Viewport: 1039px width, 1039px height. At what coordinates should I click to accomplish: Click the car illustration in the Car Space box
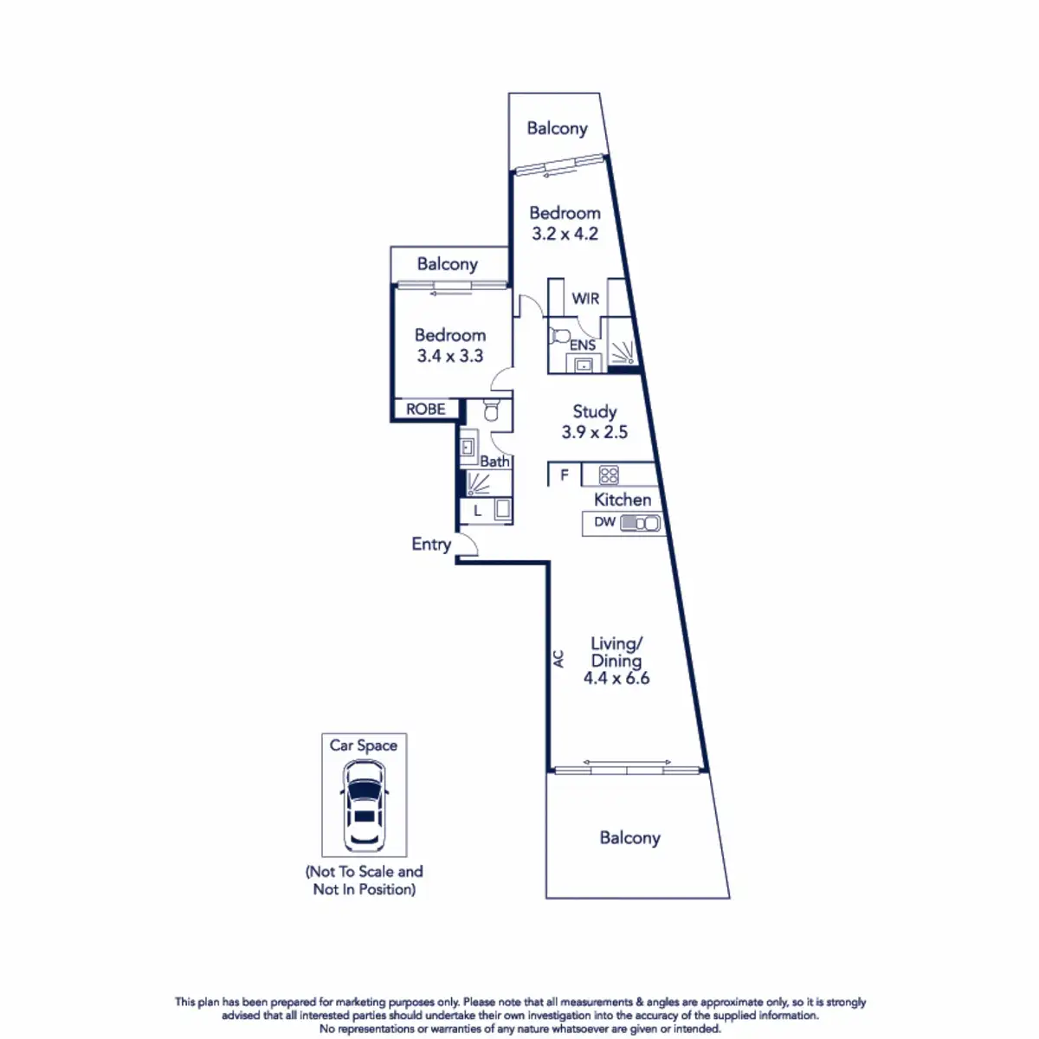365,805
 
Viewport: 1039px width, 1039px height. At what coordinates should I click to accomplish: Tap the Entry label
431,545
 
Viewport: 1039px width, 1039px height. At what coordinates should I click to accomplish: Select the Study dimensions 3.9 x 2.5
595,432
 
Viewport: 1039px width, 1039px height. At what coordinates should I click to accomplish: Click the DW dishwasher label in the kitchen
605,522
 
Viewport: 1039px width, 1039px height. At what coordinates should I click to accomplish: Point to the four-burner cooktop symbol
610,474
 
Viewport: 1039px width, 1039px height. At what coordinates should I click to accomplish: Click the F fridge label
565,474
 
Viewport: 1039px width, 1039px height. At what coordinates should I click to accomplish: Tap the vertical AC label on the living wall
558,659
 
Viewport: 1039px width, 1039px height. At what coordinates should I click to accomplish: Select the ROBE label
426,409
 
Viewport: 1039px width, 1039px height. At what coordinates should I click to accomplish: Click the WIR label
585,299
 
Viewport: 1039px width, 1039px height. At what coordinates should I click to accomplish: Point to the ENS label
582,345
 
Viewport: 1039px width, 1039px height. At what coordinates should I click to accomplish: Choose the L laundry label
477,511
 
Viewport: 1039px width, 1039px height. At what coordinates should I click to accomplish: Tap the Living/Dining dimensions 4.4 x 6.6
616,679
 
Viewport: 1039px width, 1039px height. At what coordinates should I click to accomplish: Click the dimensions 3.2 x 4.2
565,234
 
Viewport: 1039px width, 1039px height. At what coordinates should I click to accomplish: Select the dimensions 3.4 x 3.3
450,356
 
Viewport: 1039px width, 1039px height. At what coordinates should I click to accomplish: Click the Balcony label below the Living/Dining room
629,838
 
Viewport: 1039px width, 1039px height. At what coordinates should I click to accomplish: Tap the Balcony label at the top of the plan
557,129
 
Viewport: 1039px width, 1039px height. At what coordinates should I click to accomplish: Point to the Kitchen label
623,500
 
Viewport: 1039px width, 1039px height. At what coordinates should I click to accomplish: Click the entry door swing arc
468,544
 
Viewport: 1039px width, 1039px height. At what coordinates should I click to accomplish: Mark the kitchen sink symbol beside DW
641,523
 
